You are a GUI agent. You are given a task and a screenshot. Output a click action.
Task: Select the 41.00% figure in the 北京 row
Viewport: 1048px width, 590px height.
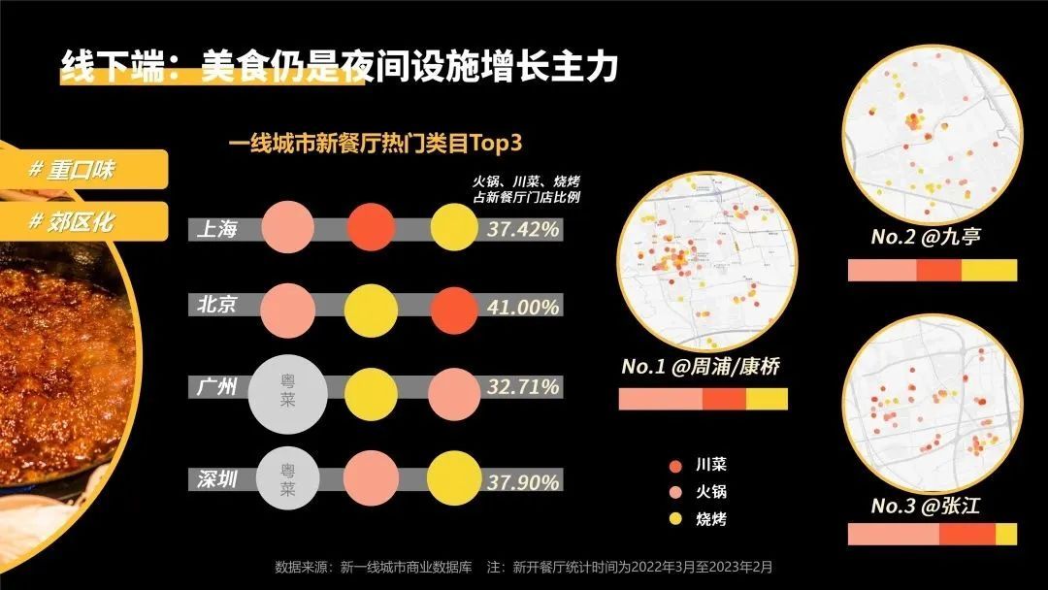(522, 308)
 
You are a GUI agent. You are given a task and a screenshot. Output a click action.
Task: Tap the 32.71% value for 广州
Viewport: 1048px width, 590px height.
(522, 387)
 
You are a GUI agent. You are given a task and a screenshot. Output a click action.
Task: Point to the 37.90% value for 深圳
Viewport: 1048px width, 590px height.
(522, 482)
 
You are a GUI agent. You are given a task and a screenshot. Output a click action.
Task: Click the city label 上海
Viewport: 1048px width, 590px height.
(215, 229)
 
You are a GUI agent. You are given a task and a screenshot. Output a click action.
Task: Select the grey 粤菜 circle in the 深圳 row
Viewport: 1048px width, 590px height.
(287, 480)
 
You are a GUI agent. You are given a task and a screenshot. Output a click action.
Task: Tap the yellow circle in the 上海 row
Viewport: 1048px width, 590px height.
(454, 228)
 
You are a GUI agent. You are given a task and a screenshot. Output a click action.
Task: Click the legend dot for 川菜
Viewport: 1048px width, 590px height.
(676, 465)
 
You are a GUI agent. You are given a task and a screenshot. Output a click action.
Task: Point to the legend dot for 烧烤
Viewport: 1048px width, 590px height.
(676, 519)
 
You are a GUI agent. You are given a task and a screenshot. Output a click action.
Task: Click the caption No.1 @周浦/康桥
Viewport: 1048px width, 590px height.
(701, 368)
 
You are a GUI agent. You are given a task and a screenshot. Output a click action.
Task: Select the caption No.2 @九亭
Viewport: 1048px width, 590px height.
(925, 237)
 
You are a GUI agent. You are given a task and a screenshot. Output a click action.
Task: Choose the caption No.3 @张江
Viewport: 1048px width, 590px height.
(925, 506)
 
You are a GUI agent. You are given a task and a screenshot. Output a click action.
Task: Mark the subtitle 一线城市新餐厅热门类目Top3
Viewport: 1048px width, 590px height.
(376, 144)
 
